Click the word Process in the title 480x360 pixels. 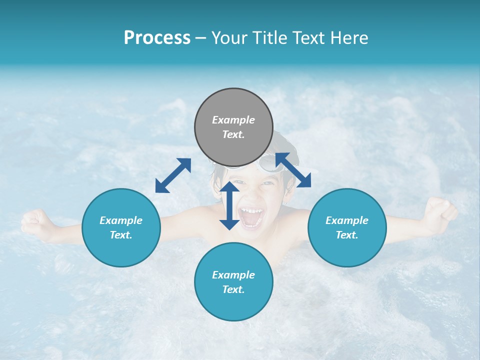pos(157,38)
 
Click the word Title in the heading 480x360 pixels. pos(267,38)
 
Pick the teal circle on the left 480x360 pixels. pos(121,227)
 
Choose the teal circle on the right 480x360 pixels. pos(347,227)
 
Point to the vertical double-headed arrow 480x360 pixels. pos(229,205)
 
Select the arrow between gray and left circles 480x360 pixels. pos(173,175)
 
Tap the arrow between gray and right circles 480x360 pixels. pos(293,170)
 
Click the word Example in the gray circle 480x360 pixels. pos(233,120)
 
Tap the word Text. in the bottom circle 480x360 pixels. pos(233,289)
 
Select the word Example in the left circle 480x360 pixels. pos(121,220)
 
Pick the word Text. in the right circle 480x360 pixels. pos(347,235)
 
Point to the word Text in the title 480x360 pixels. pos(307,38)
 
